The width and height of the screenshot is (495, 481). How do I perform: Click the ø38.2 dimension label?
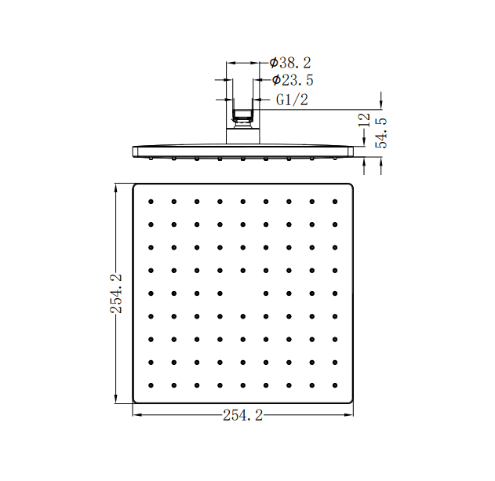[x=290, y=62]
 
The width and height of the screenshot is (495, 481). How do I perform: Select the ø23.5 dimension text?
[x=293, y=80]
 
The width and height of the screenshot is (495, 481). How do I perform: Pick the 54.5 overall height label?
[x=381, y=133]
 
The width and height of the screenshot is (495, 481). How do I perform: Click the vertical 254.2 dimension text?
[x=116, y=293]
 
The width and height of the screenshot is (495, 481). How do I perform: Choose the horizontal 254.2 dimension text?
[x=242, y=416]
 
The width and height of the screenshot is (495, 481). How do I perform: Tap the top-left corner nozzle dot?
[x=151, y=202]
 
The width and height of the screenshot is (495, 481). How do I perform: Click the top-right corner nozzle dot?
[x=335, y=202]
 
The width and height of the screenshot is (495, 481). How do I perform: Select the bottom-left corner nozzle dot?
[x=151, y=385]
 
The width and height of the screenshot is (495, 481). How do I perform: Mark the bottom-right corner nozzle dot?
[x=335, y=385]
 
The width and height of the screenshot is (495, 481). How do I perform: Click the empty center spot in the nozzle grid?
[x=243, y=293]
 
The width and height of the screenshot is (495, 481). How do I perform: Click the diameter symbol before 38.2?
[x=273, y=62]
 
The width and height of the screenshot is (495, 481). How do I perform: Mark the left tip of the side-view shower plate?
[x=134, y=149]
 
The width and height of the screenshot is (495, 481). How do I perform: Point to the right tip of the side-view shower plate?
[x=351, y=149]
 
